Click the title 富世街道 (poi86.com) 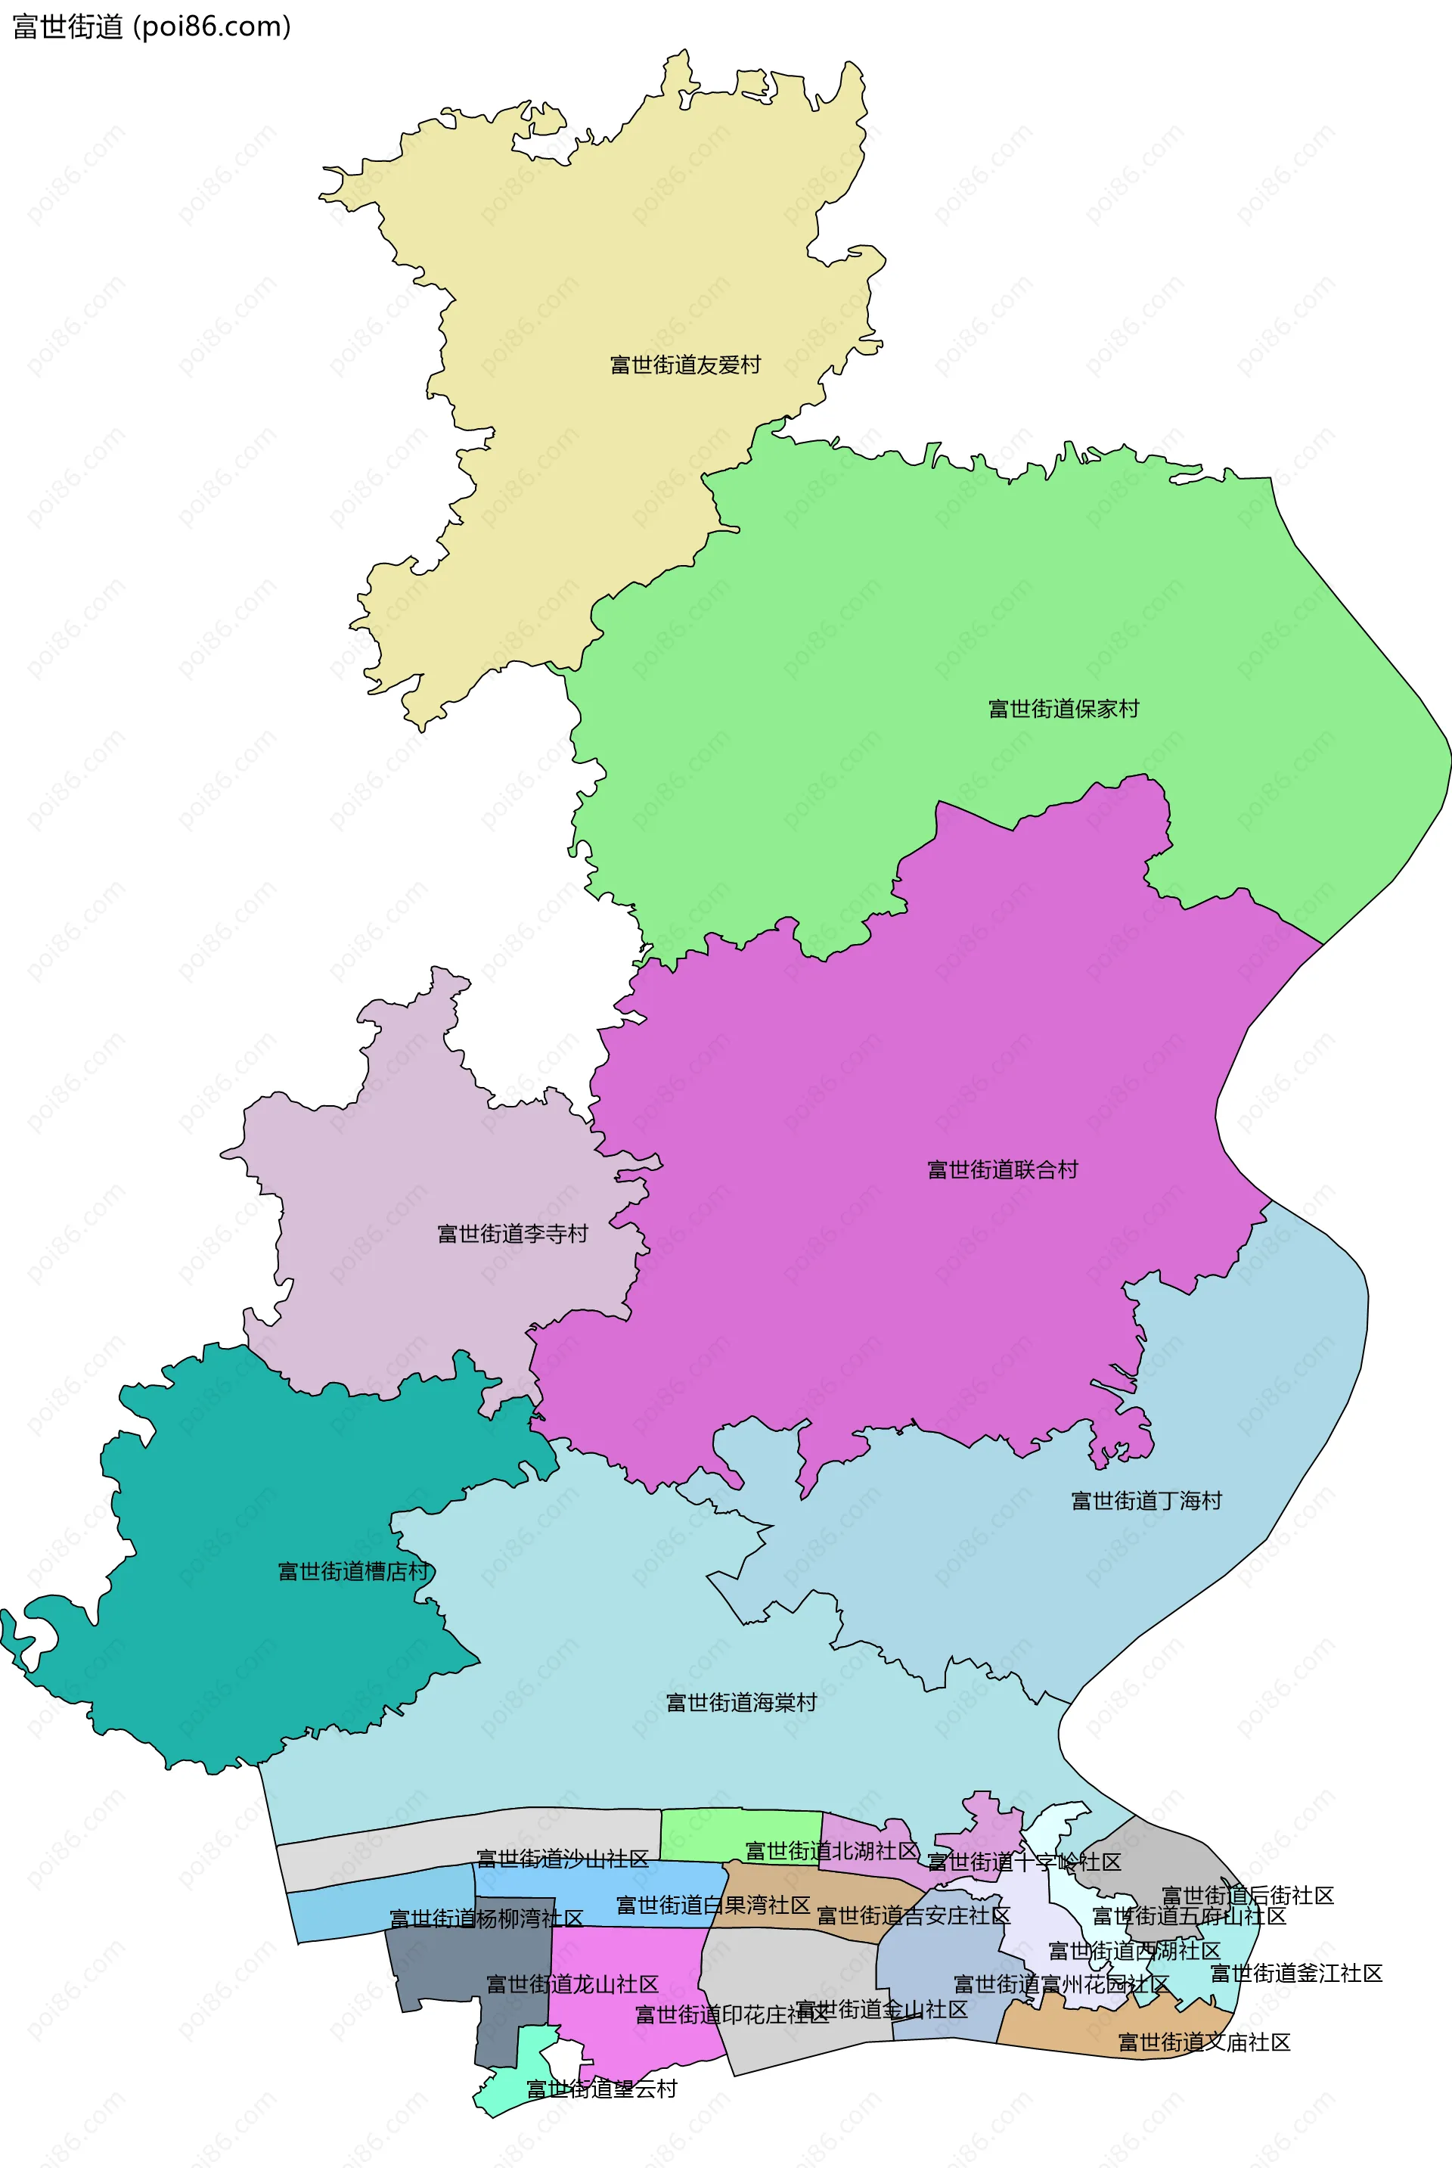pyautogui.click(x=152, y=27)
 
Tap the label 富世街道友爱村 pyautogui.click(x=685, y=366)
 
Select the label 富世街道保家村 pyautogui.click(x=1063, y=710)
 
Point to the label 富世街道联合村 pyautogui.click(x=1003, y=1169)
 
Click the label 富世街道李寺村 pyautogui.click(x=512, y=1234)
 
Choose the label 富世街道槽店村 pyautogui.click(x=353, y=1572)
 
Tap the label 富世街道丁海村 pyautogui.click(x=1146, y=1500)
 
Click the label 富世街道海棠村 pyautogui.click(x=741, y=1702)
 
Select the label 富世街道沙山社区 pyautogui.click(x=562, y=1859)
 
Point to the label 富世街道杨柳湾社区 pyautogui.click(x=486, y=1918)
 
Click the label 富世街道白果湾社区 pyautogui.click(x=713, y=1905)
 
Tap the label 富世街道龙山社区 pyautogui.click(x=572, y=1983)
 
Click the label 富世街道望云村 pyautogui.click(x=602, y=2089)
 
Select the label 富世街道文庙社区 pyautogui.click(x=1204, y=2042)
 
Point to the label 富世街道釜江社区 pyautogui.click(x=1296, y=1973)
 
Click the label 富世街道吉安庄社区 pyautogui.click(x=913, y=1915)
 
